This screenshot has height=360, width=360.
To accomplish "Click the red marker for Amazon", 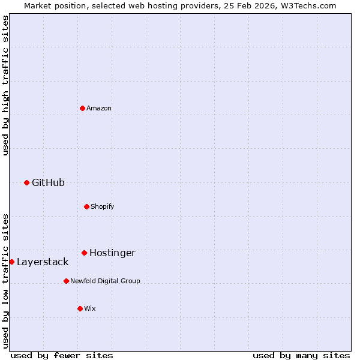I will click(82, 108).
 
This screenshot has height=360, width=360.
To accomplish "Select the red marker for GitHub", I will click(26, 182).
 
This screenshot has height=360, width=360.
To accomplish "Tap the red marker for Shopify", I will click(86, 206).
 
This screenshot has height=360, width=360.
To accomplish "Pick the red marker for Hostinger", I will click(84, 253).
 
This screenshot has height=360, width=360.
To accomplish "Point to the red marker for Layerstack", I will click(11, 262).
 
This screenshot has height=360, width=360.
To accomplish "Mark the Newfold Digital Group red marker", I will click(66, 281).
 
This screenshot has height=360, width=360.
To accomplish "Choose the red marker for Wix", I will click(80, 308).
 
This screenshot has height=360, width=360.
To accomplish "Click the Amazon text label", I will click(99, 108).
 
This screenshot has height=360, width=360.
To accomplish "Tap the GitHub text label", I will click(48, 182).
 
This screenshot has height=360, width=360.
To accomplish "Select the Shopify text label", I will click(103, 206).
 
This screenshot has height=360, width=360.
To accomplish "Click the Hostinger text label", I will click(112, 253).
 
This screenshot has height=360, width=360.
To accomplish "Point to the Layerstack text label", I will click(43, 262).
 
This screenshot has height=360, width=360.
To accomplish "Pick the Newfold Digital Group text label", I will click(105, 281).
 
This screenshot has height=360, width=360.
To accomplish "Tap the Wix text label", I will click(90, 308).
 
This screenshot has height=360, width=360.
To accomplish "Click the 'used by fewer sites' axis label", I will click(62, 355).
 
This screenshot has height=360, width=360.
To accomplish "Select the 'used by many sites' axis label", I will click(301, 355).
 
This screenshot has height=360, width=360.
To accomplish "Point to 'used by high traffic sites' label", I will click(5, 85).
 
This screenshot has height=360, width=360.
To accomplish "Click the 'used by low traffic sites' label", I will click(5, 281).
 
